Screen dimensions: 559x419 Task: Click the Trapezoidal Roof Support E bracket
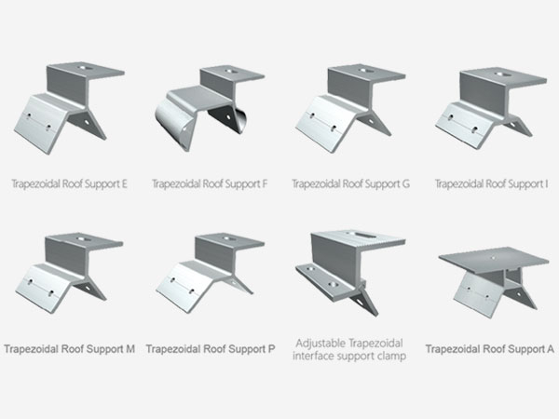coord(69,108)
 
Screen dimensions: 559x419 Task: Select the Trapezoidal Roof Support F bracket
coord(210,108)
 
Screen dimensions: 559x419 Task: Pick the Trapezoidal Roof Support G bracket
coord(350,109)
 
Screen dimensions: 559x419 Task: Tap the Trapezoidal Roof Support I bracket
coord(491,108)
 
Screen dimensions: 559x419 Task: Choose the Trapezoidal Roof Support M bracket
coord(69,273)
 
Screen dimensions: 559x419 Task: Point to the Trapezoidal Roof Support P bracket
coord(210,273)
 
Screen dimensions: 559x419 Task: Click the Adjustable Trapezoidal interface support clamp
coord(350,273)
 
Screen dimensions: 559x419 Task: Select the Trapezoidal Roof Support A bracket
coord(494,282)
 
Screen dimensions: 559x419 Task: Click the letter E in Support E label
coord(124,183)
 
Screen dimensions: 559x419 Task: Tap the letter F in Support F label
coord(265,183)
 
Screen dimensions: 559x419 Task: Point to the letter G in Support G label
coord(405,183)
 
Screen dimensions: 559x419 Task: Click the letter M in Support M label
coord(130,349)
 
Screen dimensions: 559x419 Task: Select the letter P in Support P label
coord(271,349)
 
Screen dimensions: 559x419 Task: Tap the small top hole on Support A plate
coord(493,257)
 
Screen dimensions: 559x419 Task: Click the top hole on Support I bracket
coord(501,74)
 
